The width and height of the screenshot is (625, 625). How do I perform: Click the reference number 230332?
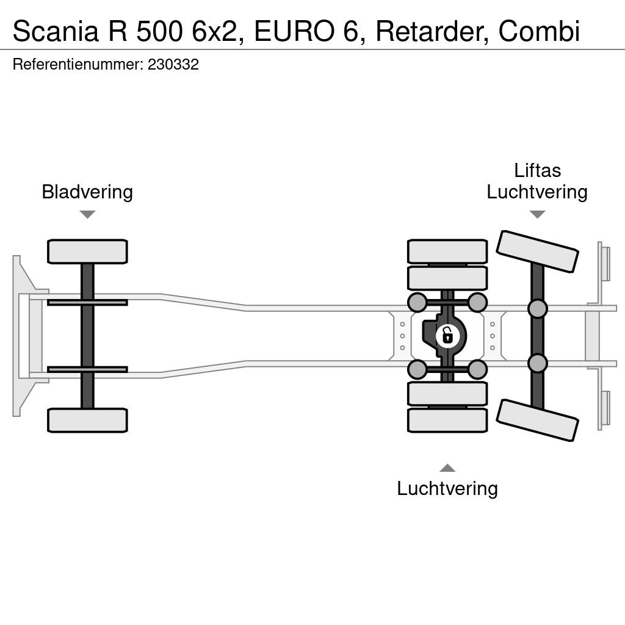coord(173,64)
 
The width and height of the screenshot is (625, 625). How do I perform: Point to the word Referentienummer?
coord(78,64)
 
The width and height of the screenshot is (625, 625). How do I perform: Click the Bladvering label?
coord(87,192)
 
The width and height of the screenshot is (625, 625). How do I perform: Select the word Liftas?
coord(537,171)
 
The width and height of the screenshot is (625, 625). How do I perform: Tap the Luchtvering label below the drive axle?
coord(447,489)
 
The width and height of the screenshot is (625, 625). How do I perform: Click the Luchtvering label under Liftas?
coord(537,192)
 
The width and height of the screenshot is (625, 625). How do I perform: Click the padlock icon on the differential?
coord(448,336)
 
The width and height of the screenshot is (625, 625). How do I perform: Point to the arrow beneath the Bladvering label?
coord(87,214)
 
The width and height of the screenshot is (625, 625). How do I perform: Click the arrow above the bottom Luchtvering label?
coord(447,468)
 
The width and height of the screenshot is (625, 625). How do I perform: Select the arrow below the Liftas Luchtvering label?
coord(537,214)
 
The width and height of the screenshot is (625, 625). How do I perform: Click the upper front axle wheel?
coord(87,251)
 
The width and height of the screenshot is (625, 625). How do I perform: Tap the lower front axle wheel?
coord(87,420)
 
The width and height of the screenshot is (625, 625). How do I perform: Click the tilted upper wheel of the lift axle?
coord(537,251)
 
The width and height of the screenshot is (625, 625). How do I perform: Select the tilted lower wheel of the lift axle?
coord(537,420)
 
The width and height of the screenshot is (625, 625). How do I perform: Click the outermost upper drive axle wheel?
coord(447,251)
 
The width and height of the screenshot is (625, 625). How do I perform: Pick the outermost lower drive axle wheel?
coord(447,420)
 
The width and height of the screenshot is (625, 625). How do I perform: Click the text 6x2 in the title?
coord(218,32)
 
